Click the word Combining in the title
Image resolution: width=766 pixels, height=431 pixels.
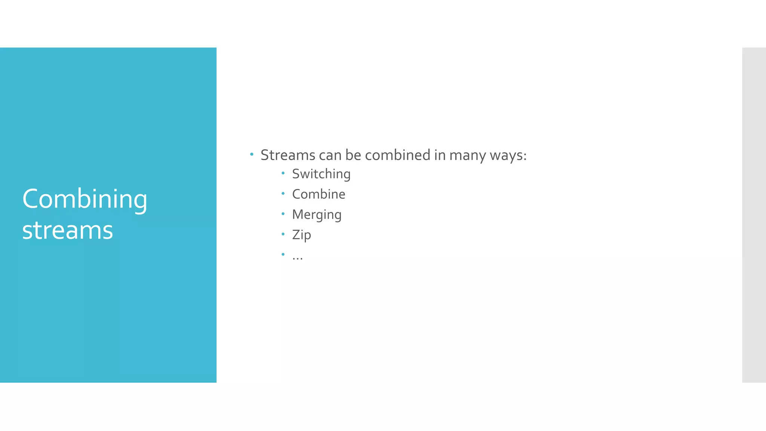[85, 199]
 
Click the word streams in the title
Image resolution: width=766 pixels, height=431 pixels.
[68, 230]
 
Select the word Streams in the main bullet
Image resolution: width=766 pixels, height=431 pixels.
[288, 155]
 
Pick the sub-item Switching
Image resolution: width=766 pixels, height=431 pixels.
[321, 174]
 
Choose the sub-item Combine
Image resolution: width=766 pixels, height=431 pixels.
[319, 194]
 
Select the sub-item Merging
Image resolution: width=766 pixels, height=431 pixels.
[317, 214]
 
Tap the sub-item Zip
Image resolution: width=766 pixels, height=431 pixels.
[301, 235]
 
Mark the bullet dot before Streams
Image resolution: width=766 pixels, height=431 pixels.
[252, 154]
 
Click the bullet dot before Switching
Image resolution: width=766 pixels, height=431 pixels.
[283, 173]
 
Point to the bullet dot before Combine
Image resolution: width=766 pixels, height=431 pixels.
[283, 193]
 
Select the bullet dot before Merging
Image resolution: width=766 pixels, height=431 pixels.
[283, 214]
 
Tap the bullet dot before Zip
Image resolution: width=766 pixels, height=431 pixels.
[283, 234]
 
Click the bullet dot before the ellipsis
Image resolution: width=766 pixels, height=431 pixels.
[283, 254]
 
